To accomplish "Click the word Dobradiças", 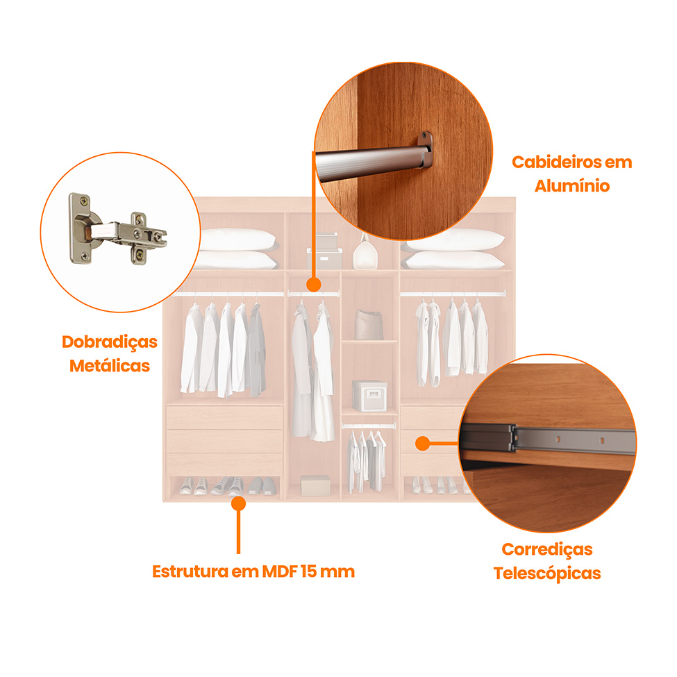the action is (x=110, y=342).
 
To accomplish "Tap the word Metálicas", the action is (x=110, y=366).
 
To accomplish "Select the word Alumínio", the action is (x=572, y=185).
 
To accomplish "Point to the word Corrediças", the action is (x=547, y=550).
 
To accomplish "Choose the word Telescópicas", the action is (x=547, y=574).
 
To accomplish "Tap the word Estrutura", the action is (x=190, y=571).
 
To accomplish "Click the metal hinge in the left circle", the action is (x=117, y=230).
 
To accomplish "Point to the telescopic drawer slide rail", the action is (x=549, y=439).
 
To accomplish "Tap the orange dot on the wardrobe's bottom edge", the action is (x=238, y=503).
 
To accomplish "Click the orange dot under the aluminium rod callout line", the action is (x=314, y=285).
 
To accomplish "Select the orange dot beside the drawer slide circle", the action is (x=423, y=444).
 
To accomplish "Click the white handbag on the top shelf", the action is (x=365, y=254).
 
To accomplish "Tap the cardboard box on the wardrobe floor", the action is (x=316, y=486).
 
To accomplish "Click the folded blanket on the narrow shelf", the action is (x=369, y=325).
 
